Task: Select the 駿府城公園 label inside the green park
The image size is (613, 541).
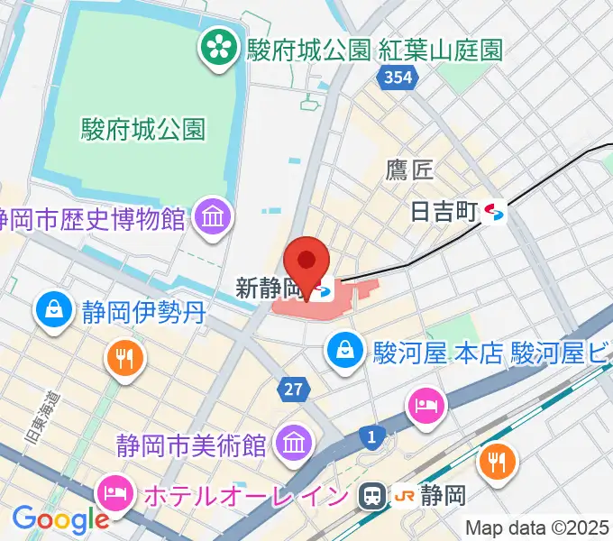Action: point(143,128)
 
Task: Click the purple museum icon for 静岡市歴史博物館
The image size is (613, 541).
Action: point(215,217)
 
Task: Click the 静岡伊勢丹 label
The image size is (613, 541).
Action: point(144,313)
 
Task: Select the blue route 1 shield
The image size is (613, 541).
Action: point(371,437)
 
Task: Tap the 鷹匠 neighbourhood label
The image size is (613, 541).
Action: point(410,169)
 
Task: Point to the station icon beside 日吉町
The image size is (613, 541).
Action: point(495,213)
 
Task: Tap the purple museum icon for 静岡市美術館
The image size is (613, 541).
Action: point(293,444)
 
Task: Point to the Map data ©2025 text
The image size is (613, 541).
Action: point(536,527)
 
